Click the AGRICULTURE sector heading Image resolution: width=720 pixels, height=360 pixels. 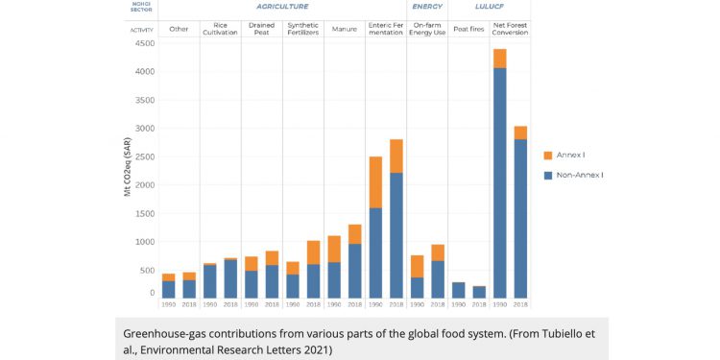[x=282, y=7]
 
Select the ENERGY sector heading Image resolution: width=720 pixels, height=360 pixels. [x=426, y=7]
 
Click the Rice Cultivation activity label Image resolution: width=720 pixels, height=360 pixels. [x=220, y=29]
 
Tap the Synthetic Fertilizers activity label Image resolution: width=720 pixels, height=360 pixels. [x=302, y=29]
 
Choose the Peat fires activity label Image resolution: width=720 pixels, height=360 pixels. [x=468, y=29]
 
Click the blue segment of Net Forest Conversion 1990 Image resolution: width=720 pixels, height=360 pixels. [x=499, y=182]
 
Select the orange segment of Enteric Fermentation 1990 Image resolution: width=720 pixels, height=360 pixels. [x=375, y=182]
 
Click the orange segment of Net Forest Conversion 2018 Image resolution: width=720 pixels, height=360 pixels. [x=519, y=132]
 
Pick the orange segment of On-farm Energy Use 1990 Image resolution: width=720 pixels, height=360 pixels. [x=417, y=266]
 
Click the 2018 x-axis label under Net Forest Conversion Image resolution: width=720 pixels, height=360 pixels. [x=519, y=304]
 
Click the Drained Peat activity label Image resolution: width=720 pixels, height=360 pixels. [x=261, y=29]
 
